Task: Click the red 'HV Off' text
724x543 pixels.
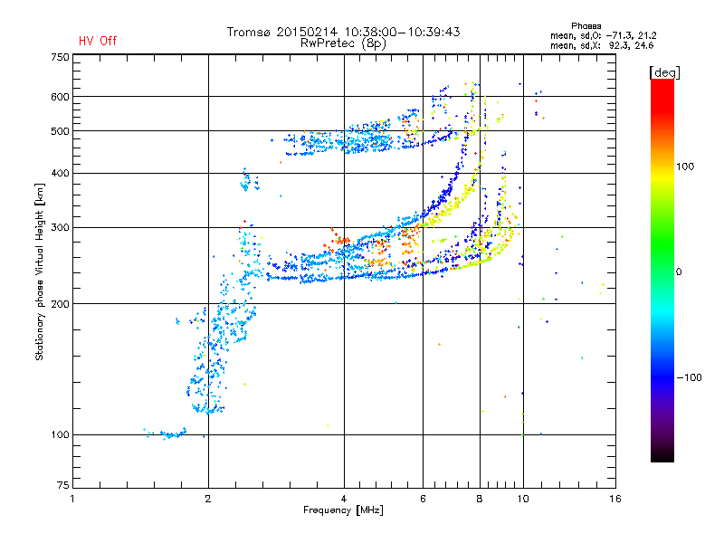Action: pos(98,41)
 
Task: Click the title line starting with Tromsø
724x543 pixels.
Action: pos(344,32)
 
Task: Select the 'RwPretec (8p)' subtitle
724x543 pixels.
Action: pos(344,43)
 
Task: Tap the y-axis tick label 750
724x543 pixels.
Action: pos(60,57)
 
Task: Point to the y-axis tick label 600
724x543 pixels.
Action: pos(60,97)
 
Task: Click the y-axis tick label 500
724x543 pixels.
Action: pos(60,131)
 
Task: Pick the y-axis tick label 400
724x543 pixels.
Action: pos(60,173)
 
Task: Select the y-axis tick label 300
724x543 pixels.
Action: pos(60,227)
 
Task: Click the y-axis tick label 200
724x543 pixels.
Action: pos(60,304)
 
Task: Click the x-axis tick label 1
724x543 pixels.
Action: pos(72,499)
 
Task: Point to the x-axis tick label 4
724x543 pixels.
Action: pos(344,499)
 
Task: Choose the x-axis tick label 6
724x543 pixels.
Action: pos(424,499)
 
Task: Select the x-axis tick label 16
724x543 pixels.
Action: pos(614,499)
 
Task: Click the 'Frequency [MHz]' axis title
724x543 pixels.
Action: pos(344,510)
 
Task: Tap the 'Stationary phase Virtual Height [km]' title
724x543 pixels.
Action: pos(40,271)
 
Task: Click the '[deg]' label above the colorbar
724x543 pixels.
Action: pos(665,71)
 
